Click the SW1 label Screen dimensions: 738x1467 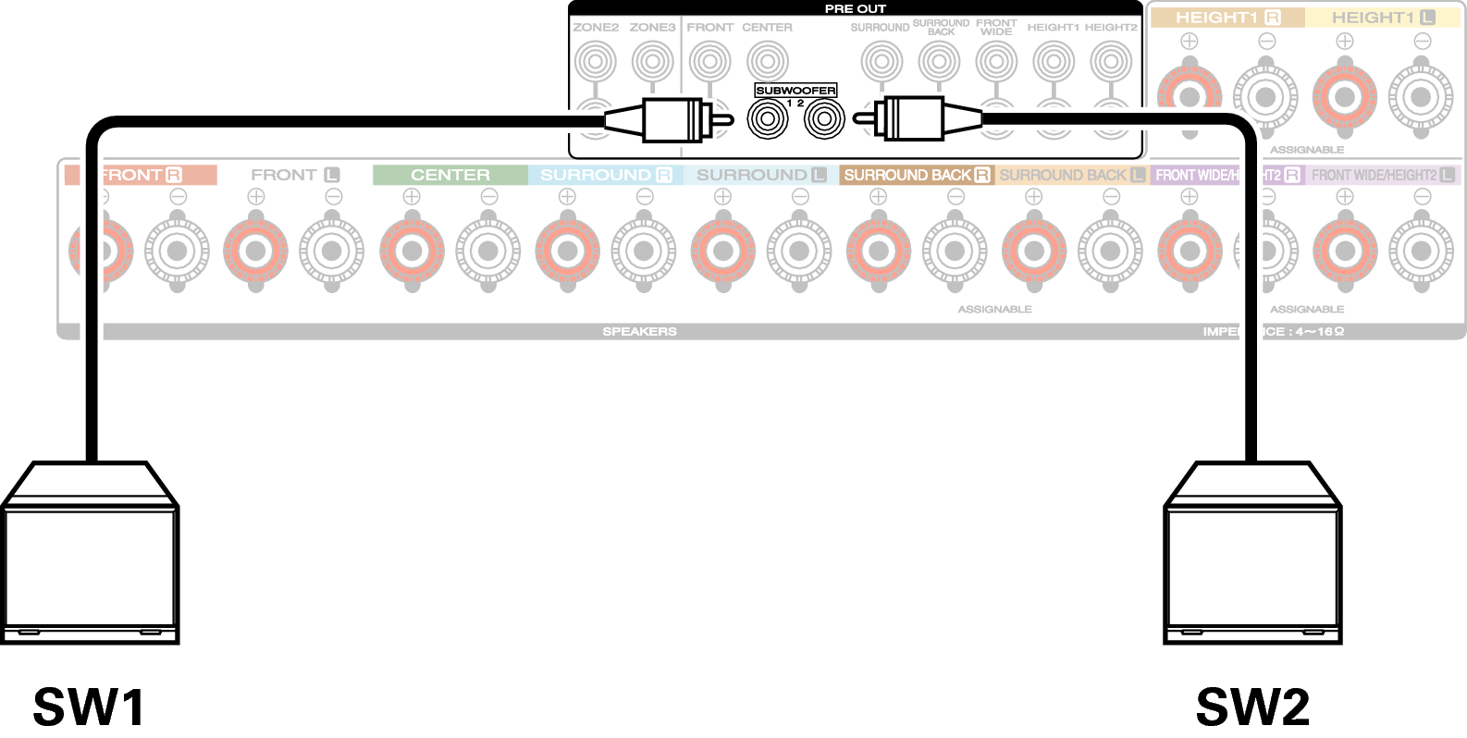coord(89,707)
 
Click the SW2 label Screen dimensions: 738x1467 coord(1252,707)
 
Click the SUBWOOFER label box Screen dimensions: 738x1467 coord(795,91)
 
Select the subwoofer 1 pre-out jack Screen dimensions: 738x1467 coord(768,119)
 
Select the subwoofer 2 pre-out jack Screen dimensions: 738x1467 coord(824,119)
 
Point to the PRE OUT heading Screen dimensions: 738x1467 coord(856,8)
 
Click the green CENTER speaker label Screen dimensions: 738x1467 coord(450,175)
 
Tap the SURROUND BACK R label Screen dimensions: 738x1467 coord(916,175)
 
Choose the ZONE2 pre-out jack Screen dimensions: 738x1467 coord(595,62)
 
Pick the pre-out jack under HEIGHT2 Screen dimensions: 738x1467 coord(1111,62)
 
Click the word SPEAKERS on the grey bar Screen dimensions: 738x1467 coord(639,331)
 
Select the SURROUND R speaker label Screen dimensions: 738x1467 coord(606,175)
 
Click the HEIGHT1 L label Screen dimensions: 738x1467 coord(1383,18)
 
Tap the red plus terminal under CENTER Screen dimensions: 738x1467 coord(413,251)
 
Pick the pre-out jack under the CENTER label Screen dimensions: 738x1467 coord(768,62)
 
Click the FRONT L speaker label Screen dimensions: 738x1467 coord(295,175)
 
